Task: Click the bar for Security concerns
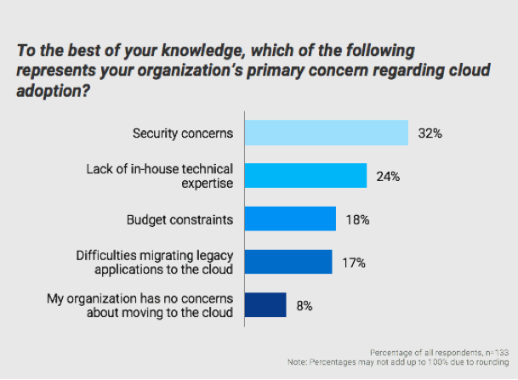click(327, 133)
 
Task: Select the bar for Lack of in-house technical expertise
click(305, 177)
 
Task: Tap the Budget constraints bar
click(290, 220)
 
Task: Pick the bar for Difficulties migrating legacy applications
click(287, 263)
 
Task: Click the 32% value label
click(430, 133)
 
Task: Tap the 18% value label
click(357, 220)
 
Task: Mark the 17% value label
click(353, 263)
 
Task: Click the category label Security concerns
click(183, 133)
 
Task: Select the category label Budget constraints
click(179, 220)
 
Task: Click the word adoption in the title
click(48, 91)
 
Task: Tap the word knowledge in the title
click(193, 52)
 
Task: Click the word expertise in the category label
click(207, 184)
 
